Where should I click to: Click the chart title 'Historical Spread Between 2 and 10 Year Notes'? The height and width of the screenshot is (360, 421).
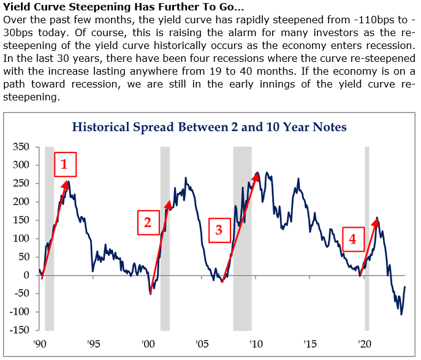pyautogui.click(x=210, y=127)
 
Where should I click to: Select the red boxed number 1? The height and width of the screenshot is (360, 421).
pyautogui.click(x=66, y=164)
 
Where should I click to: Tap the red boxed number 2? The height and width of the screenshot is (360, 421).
pyautogui.click(x=148, y=222)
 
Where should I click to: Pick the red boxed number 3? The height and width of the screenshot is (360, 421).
pyautogui.click(x=219, y=230)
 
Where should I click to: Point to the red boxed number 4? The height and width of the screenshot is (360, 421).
pyautogui.click(x=352, y=239)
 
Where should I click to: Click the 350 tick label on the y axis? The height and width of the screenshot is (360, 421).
pyautogui.click(x=21, y=147)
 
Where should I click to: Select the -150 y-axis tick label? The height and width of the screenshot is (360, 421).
pyautogui.click(x=20, y=330)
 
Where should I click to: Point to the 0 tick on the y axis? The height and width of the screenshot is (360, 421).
pyautogui.click(x=26, y=275)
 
